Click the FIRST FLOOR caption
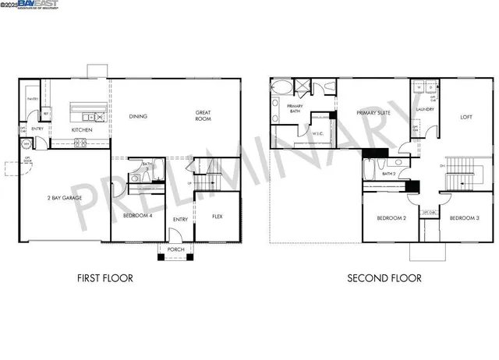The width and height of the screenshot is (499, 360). [105, 277]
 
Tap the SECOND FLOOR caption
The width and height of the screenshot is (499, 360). [384, 277]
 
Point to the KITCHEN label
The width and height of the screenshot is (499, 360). [83, 130]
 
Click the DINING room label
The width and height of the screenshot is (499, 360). [139, 116]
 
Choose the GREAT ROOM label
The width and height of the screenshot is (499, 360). [203, 116]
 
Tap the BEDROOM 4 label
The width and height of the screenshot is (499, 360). [137, 215]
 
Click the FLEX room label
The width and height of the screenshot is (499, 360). [218, 215]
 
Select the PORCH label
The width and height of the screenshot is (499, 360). [175, 249]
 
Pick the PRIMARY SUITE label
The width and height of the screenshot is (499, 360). [373, 113]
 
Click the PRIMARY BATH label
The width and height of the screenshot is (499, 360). [295, 108]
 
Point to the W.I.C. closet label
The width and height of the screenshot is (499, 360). [318, 133]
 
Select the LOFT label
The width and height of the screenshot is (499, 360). [466, 117]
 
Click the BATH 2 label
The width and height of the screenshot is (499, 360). [389, 173]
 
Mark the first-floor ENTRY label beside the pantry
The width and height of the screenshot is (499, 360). [37, 129]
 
